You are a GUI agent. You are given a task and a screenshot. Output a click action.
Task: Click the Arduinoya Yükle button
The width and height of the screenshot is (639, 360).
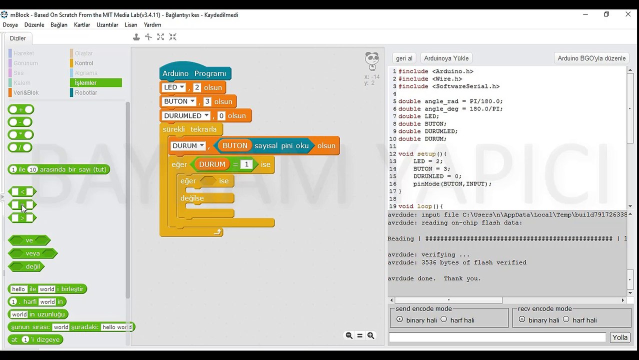446,58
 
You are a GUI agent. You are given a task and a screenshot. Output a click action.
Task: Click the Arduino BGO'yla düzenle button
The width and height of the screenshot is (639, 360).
591,58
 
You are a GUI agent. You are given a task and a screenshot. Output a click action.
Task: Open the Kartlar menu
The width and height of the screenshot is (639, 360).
82,25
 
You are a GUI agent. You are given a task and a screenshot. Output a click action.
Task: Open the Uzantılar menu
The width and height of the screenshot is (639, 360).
107,25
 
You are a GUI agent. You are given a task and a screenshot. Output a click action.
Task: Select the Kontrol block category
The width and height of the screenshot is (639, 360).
84,63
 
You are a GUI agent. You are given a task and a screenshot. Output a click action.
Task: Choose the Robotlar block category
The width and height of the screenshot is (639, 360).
86,92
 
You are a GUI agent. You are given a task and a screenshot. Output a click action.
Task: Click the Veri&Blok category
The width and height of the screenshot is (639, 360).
25,92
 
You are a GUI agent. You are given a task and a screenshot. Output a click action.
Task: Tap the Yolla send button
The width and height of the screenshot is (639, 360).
620,337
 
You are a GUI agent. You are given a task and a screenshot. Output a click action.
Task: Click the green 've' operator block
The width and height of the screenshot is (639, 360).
29,240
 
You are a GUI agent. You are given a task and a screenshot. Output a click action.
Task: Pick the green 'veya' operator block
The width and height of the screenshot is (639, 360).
32,253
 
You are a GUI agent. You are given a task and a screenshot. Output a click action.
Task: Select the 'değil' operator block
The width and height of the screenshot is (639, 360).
26,266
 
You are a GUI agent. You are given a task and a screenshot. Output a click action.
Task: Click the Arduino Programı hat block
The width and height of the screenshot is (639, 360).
195,73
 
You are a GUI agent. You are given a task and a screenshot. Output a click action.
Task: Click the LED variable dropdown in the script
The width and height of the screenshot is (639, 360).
173,87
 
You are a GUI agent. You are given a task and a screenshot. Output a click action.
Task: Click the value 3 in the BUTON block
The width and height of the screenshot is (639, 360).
207,101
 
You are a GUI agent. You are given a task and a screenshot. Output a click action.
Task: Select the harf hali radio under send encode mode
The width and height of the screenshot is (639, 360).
444,319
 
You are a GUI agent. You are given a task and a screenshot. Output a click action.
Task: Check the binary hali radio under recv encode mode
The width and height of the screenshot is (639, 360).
522,319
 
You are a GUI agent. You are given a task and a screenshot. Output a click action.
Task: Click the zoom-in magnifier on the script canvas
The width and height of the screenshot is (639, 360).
371,335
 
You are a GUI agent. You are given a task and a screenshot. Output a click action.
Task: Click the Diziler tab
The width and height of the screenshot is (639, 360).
17,38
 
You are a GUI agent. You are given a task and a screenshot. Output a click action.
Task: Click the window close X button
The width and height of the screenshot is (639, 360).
628,14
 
